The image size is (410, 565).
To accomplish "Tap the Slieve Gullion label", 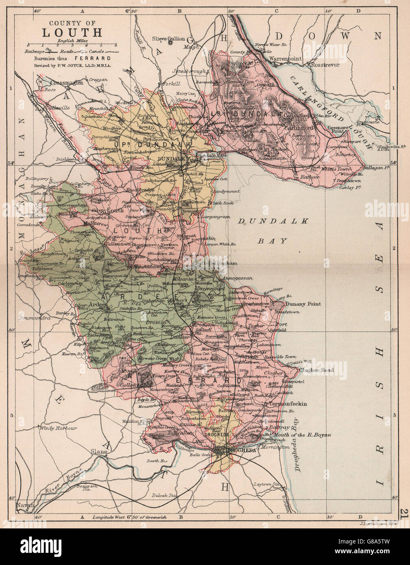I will [168, 39].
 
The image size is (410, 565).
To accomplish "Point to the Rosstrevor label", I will [325, 64].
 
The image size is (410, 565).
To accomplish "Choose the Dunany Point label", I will [303, 304].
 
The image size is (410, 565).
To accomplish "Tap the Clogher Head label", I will [316, 370].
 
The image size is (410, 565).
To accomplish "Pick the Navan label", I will [24, 505].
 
